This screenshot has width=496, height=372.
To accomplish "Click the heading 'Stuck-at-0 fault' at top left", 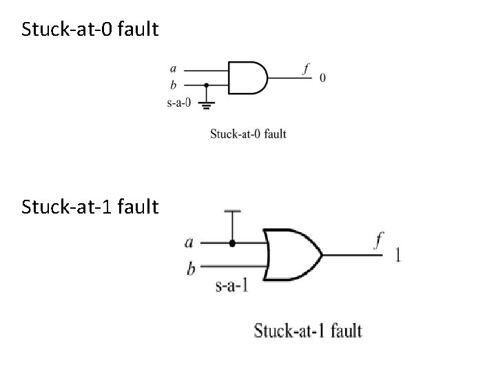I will [x=90, y=30].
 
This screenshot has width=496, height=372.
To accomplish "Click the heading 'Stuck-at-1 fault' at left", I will [x=90, y=206].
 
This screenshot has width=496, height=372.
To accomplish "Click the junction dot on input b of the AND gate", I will [x=207, y=85].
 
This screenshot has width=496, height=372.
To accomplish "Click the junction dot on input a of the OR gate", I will [x=232, y=243].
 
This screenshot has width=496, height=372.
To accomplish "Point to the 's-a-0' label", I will [x=180, y=104].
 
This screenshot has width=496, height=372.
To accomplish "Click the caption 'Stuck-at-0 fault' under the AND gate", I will [x=248, y=134].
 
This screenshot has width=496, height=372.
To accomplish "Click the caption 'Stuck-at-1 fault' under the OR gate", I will [x=308, y=331].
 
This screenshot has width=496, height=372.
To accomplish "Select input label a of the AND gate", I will [x=173, y=68].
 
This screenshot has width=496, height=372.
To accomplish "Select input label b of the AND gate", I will [x=173, y=85].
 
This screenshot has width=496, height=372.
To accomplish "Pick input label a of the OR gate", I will [x=190, y=242].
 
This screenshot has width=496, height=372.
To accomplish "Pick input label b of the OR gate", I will [x=191, y=268].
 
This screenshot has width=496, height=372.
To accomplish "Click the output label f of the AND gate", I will [x=306, y=68].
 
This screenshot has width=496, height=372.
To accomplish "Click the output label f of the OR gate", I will [x=378, y=240].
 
